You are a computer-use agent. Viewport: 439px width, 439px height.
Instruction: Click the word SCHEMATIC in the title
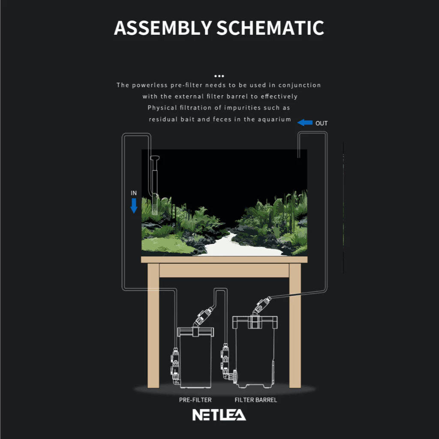[270, 28]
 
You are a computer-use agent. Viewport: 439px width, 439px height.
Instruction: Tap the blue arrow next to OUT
[305, 123]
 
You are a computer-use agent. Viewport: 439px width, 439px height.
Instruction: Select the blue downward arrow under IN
[134, 206]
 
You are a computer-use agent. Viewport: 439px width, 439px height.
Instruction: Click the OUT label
[322, 123]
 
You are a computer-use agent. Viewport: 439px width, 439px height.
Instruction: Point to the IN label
[134, 193]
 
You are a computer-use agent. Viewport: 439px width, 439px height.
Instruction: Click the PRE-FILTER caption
[195, 400]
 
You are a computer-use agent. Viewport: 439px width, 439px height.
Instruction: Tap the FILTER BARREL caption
[256, 400]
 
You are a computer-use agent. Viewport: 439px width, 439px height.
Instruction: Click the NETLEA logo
[219, 415]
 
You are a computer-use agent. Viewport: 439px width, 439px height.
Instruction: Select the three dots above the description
[219, 76]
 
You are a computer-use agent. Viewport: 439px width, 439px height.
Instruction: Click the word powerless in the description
[150, 85]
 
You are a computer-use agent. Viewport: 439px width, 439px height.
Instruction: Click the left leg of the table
[153, 326]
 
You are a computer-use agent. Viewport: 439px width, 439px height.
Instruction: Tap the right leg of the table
[295, 326]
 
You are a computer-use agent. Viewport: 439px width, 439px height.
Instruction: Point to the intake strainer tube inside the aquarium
[155, 185]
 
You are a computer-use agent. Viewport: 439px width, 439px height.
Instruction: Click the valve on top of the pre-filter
[203, 316]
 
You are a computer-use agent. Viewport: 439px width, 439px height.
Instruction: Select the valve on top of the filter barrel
[262, 305]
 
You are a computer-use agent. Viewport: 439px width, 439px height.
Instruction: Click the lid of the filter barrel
[255, 322]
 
